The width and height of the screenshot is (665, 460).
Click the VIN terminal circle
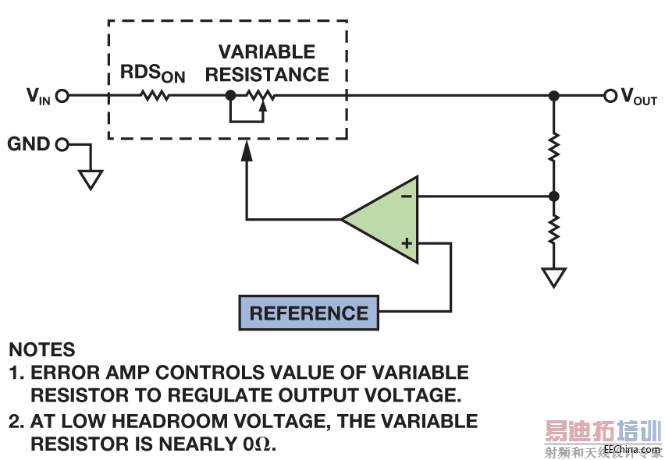pyautogui.click(x=62, y=96)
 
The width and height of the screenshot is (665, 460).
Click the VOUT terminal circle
pyautogui.click(x=610, y=96)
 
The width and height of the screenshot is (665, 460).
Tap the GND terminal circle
pyautogui.click(x=62, y=144)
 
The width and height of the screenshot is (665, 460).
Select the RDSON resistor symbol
pyautogui.click(x=155, y=96)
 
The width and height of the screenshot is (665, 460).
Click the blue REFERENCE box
pyautogui.click(x=308, y=313)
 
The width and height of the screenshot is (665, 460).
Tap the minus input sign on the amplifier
pyautogui.click(x=407, y=196)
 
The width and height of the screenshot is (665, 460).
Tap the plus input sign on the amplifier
pyautogui.click(x=407, y=243)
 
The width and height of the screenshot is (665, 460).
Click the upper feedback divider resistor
pyautogui.click(x=553, y=147)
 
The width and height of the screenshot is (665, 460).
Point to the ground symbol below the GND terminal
pyautogui.click(x=91, y=180)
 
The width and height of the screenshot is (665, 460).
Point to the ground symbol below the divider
pyautogui.click(x=553, y=278)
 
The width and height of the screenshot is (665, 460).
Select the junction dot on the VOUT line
pyautogui.click(x=553, y=96)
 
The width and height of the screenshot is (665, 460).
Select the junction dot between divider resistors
pyautogui.click(x=553, y=196)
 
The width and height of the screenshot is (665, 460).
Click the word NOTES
pyautogui.click(x=42, y=350)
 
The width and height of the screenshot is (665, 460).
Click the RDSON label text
pyautogui.click(x=152, y=73)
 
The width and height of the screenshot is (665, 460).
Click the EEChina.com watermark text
pyautogui.click(x=631, y=450)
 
